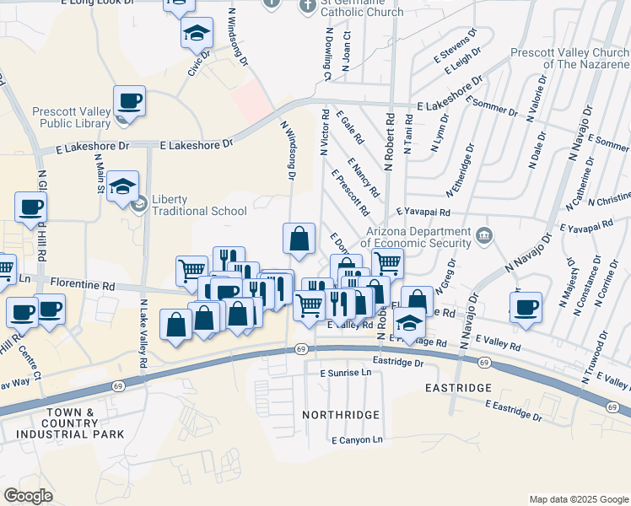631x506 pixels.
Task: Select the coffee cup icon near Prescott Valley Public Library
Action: point(130,101)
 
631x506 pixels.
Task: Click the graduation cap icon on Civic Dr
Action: point(196,34)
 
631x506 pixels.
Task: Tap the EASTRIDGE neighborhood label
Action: point(457,387)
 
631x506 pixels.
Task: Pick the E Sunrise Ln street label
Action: point(345,372)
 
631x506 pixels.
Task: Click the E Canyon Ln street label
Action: point(358,440)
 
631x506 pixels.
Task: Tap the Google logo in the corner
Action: point(28,495)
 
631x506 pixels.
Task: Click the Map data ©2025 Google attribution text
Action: point(578,499)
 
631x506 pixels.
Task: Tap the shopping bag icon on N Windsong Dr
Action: point(299,239)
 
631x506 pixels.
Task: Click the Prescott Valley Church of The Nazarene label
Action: point(570,58)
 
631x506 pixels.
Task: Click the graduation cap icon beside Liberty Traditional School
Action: point(124,187)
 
